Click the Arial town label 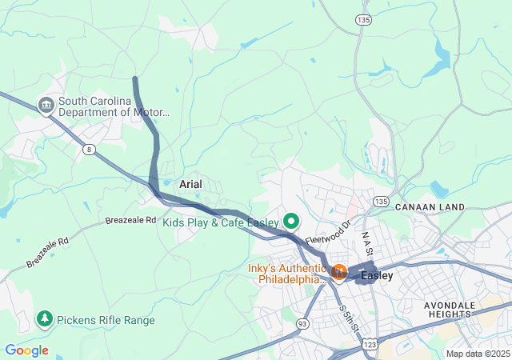(190, 184)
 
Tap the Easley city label (377, 276)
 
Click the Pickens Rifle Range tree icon (45, 320)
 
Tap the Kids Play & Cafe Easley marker (292, 221)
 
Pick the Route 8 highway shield (89, 148)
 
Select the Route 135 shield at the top (364, 18)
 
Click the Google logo (26, 350)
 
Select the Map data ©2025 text (478, 354)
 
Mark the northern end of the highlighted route (135, 78)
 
